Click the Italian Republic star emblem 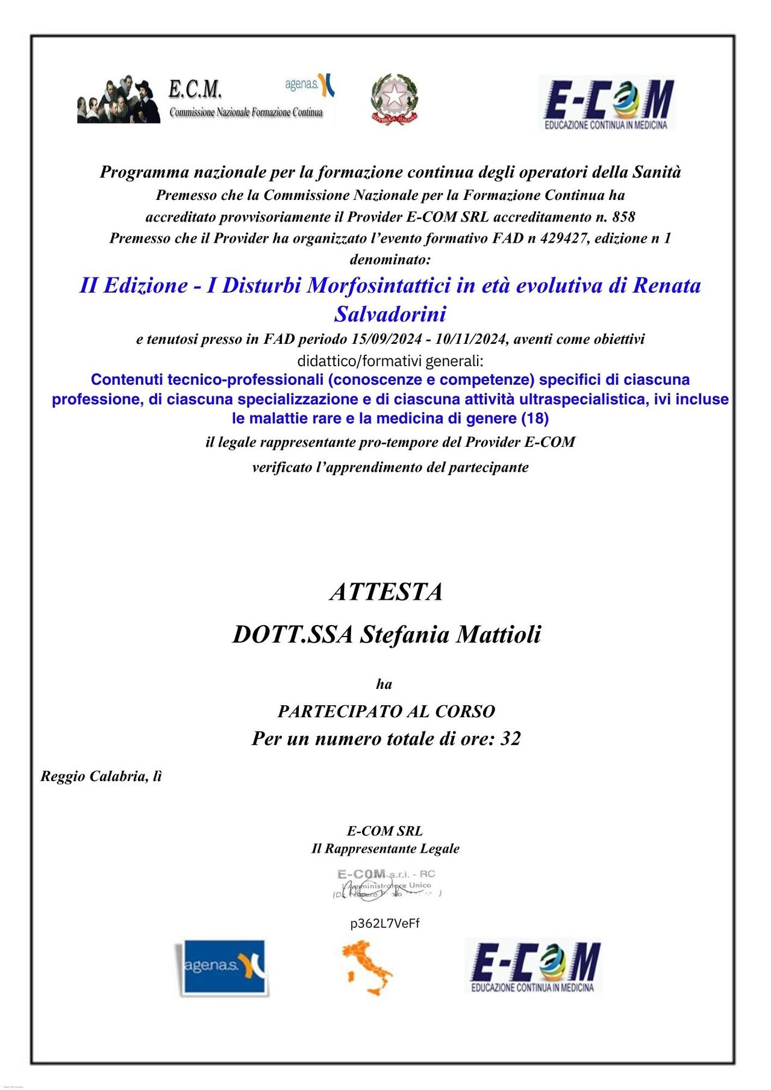[394, 99]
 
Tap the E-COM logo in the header [607, 103]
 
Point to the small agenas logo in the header [310, 85]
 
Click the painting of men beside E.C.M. [119, 100]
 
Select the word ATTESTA [386, 592]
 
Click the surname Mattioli [499, 635]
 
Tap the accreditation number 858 [623, 217]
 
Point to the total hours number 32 [510, 739]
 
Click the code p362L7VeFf [385, 924]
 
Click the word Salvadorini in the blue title [390, 314]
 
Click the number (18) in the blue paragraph [534, 419]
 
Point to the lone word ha [384, 684]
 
